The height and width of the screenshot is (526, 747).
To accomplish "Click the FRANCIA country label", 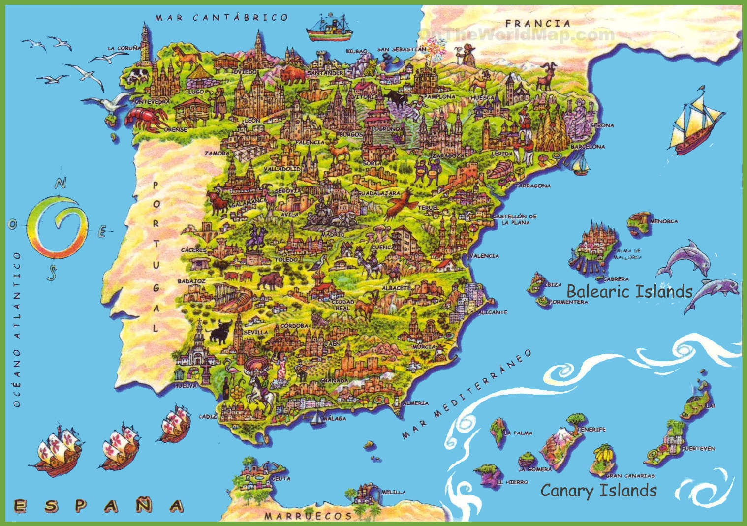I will (537, 23).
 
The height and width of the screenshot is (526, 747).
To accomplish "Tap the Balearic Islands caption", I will (629, 291).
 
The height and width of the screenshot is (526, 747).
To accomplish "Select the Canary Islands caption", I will (598, 491).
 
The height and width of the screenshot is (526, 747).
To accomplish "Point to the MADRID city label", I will (333, 235).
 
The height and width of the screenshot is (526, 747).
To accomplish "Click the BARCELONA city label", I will (588, 147).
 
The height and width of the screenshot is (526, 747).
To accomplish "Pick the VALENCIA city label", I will (485, 256).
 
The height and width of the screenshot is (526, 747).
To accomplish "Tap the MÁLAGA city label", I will (335, 419).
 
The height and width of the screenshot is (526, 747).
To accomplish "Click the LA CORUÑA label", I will (124, 48).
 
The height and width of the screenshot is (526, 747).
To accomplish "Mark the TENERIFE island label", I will (592, 430).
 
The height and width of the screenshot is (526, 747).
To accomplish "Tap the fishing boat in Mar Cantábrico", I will (329, 29).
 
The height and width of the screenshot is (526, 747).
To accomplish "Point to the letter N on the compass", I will (60, 184).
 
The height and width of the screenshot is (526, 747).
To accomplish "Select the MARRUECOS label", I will (308, 516).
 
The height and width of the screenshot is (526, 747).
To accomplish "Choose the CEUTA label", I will (281, 478).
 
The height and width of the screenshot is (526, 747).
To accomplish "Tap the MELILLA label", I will (394, 492).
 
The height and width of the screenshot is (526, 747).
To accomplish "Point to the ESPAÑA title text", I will (98, 506).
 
